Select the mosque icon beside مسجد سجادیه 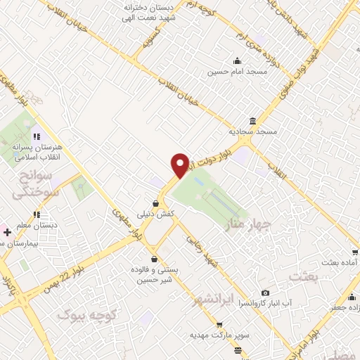pyautogui.click(x=252, y=120)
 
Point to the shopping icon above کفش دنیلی pyautogui.click(x=154, y=203)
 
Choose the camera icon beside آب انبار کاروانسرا pyautogui.click(x=265, y=293)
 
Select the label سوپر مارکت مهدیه pyautogui.click(x=219, y=335)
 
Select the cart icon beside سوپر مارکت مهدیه pyautogui.click(x=219, y=325)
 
